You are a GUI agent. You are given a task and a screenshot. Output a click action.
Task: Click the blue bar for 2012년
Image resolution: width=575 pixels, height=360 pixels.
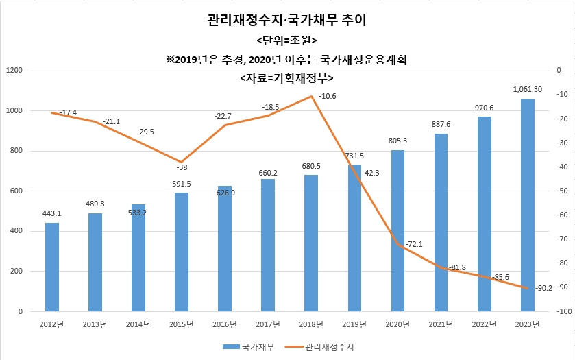[x=52, y=267]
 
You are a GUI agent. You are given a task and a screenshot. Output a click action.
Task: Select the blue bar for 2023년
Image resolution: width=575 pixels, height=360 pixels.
[x=527, y=205]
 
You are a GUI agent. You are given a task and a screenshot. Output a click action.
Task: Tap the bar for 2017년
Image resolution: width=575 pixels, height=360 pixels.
[x=268, y=245]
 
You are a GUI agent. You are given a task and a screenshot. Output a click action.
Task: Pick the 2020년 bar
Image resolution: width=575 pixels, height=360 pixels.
[x=397, y=231]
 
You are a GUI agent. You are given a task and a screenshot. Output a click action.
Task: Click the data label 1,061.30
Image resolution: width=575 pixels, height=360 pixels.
[x=527, y=89]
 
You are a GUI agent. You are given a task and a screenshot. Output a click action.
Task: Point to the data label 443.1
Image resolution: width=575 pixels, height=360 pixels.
[x=51, y=213]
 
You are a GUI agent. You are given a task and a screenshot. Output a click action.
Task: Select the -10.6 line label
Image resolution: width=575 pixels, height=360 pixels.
[x=327, y=96]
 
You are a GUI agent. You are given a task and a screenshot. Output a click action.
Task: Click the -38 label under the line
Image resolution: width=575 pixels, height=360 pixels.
[x=182, y=167]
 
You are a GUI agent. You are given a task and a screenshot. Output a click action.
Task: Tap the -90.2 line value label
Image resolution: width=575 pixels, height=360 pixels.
[x=543, y=288]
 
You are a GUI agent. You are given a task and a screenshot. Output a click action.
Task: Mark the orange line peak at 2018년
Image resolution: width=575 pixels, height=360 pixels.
[x=311, y=96]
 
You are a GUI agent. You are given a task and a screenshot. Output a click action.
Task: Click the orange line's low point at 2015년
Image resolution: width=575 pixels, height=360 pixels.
[x=182, y=162]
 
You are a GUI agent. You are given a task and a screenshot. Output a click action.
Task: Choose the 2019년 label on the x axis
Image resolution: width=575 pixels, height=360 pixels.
[x=354, y=324]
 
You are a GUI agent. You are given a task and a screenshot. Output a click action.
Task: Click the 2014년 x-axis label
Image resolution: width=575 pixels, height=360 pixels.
[x=138, y=324]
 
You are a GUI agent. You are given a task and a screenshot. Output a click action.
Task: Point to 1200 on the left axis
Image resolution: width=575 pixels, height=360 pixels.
[x=14, y=70]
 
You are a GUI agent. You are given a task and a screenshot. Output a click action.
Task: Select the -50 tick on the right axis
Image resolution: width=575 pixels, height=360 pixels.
[x=562, y=191]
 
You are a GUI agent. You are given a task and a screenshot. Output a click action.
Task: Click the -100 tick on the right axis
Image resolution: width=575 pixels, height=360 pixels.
[x=564, y=311]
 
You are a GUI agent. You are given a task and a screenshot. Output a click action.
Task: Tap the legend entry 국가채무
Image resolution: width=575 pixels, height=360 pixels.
[x=249, y=347]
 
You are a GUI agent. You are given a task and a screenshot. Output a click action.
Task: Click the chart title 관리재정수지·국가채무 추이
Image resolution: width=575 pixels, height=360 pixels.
[x=286, y=20]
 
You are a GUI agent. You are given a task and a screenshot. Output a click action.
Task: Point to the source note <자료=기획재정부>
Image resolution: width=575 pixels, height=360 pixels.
[x=286, y=77]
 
